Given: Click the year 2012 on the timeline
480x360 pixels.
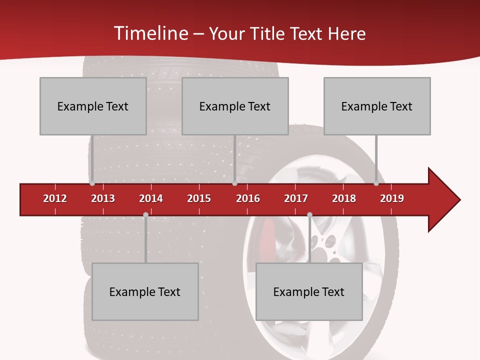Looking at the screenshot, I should coord(55,198).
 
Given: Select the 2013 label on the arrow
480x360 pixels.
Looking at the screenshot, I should coord(103,198).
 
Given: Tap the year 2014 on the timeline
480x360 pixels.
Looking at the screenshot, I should coord(151,198).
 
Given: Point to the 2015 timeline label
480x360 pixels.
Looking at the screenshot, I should coord(199,198).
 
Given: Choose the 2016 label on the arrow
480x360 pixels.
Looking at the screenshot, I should coord(248,198).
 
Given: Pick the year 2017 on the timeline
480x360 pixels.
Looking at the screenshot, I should coord(296,198).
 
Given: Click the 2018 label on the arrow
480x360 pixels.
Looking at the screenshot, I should coord(344,198).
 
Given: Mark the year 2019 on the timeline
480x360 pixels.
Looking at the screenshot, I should coord(392,198).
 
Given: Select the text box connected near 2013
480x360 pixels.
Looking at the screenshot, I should coord(93,106).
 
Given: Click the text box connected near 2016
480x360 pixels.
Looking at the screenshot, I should coord(235,106).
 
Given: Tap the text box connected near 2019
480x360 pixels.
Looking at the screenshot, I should coord(377,106).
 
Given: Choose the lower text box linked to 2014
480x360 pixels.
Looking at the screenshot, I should coord(145,291).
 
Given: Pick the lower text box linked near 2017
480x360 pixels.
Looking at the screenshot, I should coord(309,291).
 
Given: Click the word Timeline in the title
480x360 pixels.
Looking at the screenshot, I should coord(150,33).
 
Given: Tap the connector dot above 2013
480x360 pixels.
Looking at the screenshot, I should coord(92,183).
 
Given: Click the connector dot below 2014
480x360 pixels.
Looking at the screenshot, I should coord(145,214).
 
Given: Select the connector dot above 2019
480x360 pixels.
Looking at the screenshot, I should coord(376,183).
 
